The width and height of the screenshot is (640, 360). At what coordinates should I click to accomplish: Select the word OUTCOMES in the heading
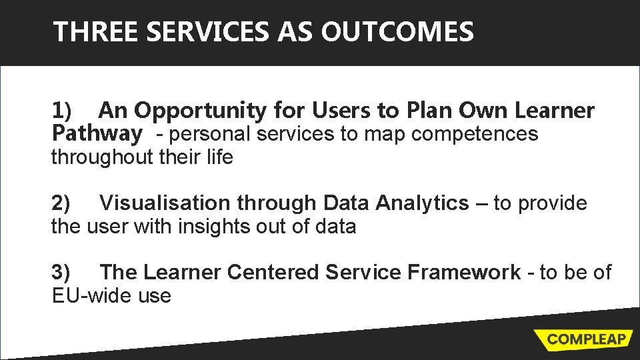[397, 32]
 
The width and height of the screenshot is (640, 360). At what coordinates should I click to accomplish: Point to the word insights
[217, 227]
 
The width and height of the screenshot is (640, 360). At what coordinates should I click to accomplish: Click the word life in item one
[221, 158]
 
